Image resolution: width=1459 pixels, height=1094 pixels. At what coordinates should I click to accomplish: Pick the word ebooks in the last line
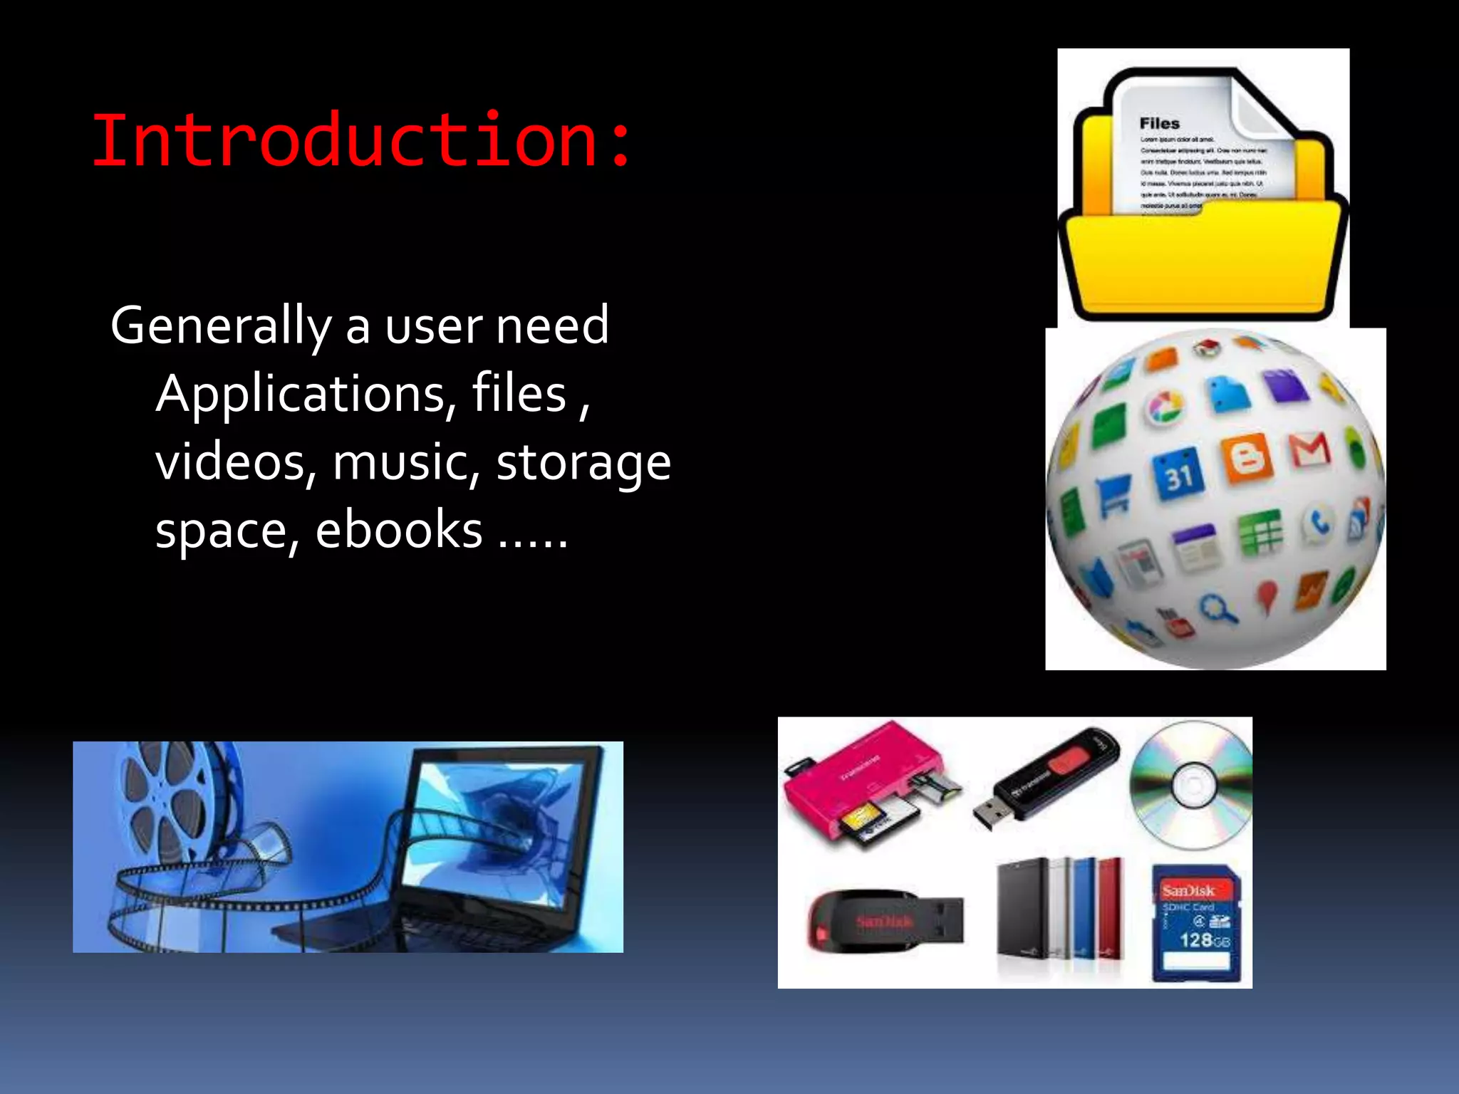tap(399, 531)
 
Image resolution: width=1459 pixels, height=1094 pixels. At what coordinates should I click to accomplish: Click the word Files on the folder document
tap(1159, 123)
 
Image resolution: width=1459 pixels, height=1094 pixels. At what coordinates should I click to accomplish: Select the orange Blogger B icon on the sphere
tap(1247, 458)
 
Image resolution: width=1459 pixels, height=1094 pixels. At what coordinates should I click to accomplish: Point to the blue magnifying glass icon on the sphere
tap(1219, 609)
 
